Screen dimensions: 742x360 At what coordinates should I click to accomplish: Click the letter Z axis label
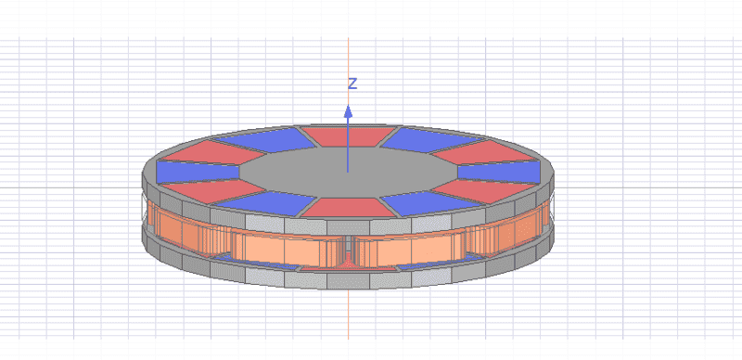click(x=352, y=84)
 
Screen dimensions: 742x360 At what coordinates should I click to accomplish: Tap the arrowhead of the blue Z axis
click(x=349, y=111)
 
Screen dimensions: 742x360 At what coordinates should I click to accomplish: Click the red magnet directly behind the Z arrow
click(x=349, y=136)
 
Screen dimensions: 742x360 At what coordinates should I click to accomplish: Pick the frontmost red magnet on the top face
click(x=349, y=208)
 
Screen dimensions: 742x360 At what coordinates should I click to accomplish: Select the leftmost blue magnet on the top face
click(x=198, y=172)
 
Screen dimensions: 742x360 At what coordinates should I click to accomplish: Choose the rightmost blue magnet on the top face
click(x=499, y=172)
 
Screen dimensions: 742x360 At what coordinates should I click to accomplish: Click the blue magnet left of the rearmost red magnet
click(x=263, y=140)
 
